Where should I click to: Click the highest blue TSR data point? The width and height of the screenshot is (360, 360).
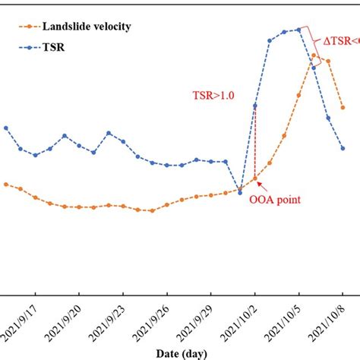299,30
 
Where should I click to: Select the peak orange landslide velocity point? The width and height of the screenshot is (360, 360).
314,55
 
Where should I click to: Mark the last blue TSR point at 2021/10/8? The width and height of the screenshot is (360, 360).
343,147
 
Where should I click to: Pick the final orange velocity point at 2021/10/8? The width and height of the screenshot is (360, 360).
343,108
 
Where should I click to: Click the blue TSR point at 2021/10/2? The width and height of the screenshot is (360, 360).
255,106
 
